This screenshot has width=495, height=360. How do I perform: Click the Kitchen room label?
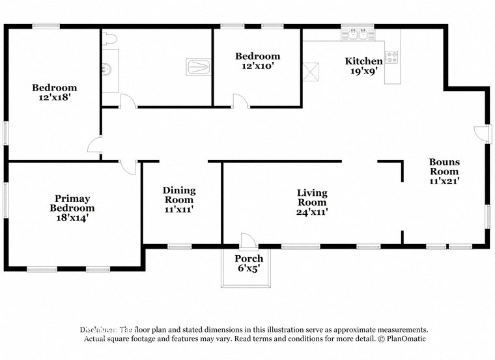click(x=364, y=61)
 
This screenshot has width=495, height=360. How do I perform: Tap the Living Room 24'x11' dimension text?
click(x=312, y=211)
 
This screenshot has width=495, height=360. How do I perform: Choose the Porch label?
click(x=249, y=259)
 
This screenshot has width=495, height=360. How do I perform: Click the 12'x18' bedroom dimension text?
click(x=55, y=97)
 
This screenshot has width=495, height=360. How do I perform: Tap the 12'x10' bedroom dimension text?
click(x=257, y=66)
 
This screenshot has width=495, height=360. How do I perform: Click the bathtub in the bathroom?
click(x=199, y=66)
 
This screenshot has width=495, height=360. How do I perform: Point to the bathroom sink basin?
click(x=109, y=68)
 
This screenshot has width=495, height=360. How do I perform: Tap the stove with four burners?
click(x=392, y=57)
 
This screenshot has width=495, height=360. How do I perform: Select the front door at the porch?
click(x=248, y=240)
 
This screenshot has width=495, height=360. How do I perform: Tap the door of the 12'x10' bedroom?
click(x=240, y=100)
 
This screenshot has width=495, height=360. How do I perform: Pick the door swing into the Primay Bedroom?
click(x=129, y=167)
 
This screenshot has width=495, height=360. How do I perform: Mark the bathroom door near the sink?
click(x=128, y=101)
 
